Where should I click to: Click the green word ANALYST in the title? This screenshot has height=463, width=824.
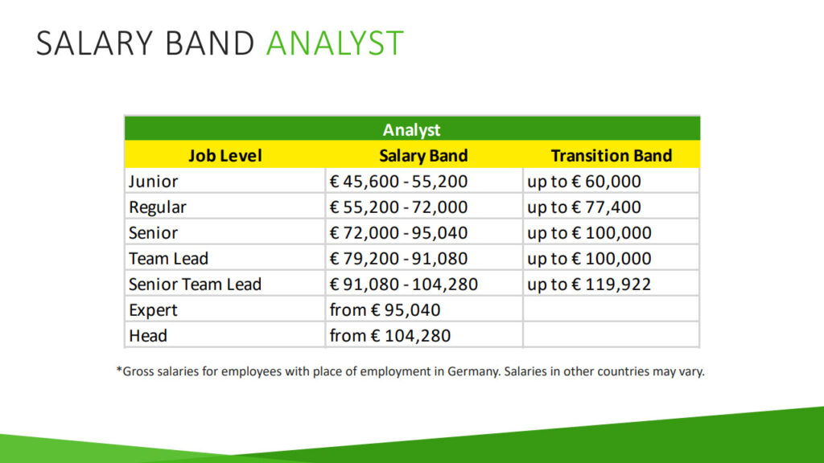pyautogui.click(x=335, y=43)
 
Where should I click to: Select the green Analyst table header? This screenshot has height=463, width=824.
pyautogui.click(x=412, y=129)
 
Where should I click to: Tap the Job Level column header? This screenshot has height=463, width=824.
pyautogui.click(x=225, y=155)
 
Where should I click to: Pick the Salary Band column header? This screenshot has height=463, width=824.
pyautogui.click(x=423, y=155)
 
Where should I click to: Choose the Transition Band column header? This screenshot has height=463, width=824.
pyautogui.click(x=612, y=155)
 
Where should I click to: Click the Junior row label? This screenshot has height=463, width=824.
pyautogui.click(x=154, y=181)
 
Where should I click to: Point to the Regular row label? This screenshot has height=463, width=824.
pyautogui.click(x=158, y=207)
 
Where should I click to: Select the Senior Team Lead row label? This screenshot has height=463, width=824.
pyautogui.click(x=195, y=284)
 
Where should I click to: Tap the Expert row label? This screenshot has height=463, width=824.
pyautogui.click(x=153, y=310)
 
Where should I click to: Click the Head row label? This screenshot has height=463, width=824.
pyautogui.click(x=148, y=335)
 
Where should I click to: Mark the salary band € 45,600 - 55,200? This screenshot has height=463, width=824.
pyautogui.click(x=398, y=181)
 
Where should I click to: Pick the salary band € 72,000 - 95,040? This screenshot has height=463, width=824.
pyautogui.click(x=398, y=232)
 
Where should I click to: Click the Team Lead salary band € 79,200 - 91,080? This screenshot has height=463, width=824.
pyautogui.click(x=398, y=258)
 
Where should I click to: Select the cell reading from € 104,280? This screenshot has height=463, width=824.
pyautogui.click(x=390, y=335)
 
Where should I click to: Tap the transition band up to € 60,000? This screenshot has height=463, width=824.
pyautogui.click(x=584, y=182)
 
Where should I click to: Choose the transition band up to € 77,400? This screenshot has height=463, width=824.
pyautogui.click(x=584, y=207)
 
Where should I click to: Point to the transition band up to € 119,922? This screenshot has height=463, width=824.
pyautogui.click(x=589, y=285)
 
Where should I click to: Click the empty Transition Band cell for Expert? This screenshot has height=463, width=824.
pyautogui.click(x=612, y=309)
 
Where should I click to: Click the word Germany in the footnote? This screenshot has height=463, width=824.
pyautogui.click(x=473, y=371)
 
